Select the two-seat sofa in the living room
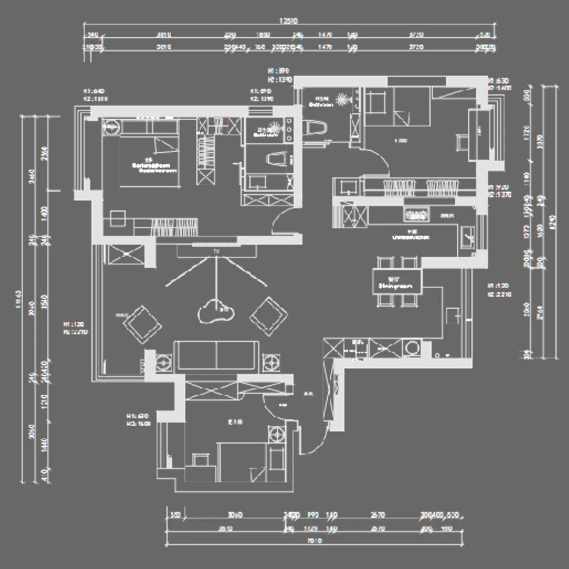(x=216, y=356)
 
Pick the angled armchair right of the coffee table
(x=269, y=316)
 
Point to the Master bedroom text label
(x=153, y=167)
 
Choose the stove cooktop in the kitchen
(x=416, y=214)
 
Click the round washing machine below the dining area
(x=411, y=348)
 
